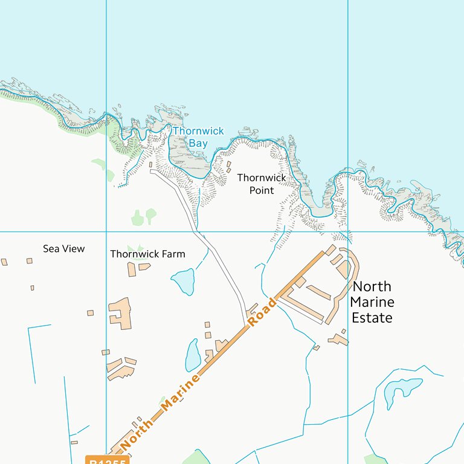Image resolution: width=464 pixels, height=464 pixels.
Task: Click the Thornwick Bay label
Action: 198,137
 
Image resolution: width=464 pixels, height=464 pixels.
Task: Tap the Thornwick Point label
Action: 261,184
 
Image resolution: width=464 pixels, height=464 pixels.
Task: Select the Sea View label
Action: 63,249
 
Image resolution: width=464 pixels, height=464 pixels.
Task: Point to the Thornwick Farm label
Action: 147,254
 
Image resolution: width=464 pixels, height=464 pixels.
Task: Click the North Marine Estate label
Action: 372,302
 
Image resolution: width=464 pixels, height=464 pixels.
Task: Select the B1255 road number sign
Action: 108,461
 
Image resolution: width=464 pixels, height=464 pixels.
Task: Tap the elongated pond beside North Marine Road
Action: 193,355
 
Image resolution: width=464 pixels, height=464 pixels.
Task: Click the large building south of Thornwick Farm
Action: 121,312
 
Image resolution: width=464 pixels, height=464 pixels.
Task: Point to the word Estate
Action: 372,318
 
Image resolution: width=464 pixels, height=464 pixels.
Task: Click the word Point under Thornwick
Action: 261,191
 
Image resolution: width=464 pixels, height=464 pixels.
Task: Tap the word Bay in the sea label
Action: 198,144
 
